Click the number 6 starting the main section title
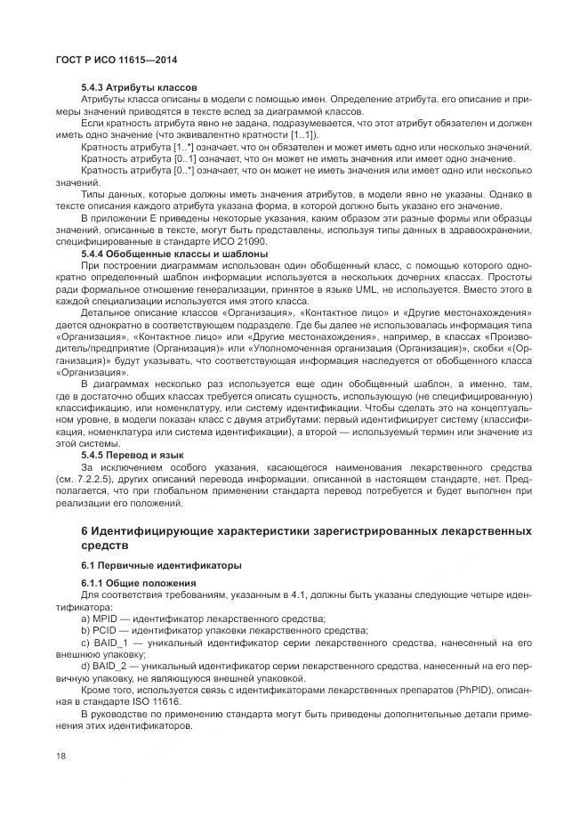click(x=85, y=531)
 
